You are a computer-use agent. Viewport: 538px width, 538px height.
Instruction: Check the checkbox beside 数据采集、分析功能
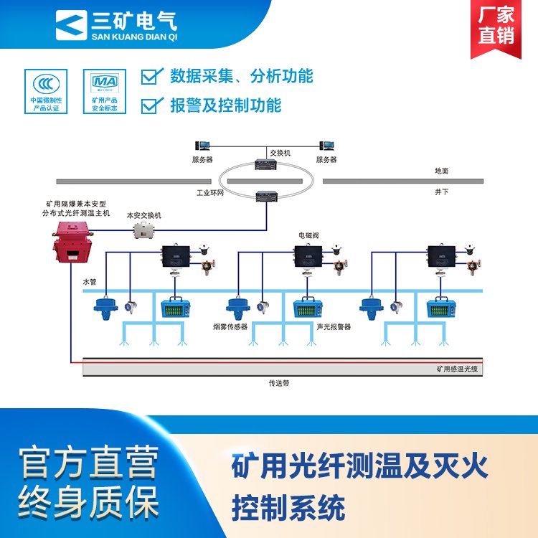pyautogui.click(x=151, y=75)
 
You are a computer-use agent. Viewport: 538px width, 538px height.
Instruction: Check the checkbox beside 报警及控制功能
pyautogui.click(x=151, y=105)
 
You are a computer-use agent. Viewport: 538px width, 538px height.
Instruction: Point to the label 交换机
pyautogui.click(x=280, y=153)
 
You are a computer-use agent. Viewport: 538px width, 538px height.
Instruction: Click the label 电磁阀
pyautogui.click(x=308, y=235)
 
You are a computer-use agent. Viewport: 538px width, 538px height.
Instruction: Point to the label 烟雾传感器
pyautogui.click(x=230, y=326)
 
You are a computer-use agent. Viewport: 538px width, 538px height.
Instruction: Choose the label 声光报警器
pyautogui.click(x=334, y=326)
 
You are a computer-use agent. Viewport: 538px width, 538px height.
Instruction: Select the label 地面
pyautogui.click(x=441, y=171)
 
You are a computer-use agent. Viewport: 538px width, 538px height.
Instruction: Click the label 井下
pyautogui.click(x=441, y=192)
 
